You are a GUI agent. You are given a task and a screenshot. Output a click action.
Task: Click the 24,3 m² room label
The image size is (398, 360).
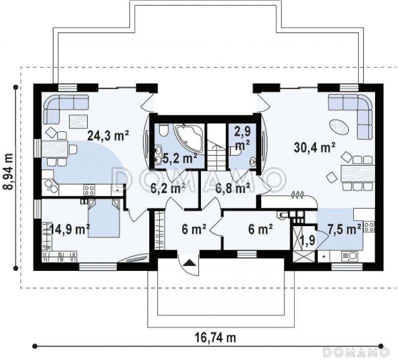108,135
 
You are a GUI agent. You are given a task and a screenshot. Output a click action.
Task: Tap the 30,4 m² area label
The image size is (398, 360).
315,147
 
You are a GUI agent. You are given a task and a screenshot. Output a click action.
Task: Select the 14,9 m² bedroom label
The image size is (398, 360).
69,230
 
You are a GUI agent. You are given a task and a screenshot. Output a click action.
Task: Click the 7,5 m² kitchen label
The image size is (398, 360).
344,230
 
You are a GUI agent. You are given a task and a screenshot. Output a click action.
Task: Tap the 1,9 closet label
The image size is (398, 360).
307,240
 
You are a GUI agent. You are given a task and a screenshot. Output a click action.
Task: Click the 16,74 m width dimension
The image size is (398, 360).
215,338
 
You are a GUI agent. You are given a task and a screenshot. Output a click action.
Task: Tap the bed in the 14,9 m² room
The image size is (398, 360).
103,218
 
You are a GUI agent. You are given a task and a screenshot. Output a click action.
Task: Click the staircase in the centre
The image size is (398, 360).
216,146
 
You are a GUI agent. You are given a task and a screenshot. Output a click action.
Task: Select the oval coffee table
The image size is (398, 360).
339,127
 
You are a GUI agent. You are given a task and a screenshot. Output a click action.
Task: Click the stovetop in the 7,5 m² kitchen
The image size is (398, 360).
369,227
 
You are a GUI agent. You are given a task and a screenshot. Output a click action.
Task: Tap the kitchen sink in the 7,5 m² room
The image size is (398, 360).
350,256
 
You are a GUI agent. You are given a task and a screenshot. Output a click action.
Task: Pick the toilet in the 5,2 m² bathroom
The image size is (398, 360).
164,129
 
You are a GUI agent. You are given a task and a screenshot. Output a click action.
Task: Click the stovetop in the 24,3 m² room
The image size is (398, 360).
90,190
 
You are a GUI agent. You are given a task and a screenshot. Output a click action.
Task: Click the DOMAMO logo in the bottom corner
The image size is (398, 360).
357,352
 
